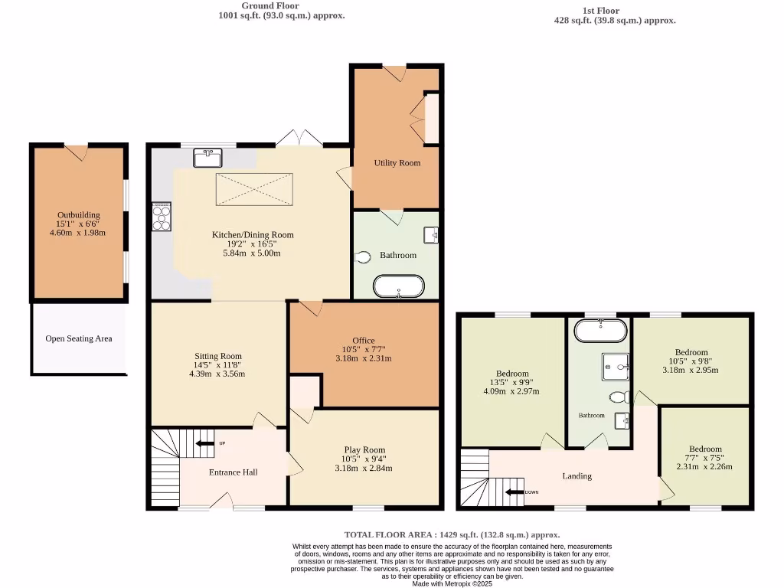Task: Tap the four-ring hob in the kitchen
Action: pos(162,216)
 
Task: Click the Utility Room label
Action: pos(397,163)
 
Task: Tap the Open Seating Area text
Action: pos(79,338)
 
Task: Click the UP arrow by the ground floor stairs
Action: pos(205,443)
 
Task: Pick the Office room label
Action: pos(363,340)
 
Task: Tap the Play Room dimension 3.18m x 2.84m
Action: pos(364,468)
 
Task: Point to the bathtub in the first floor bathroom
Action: pos(600,331)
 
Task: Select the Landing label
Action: pos(577,476)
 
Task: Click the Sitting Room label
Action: pos(218,356)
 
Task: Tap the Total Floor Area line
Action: pos(452,534)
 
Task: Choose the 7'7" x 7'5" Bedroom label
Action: pos(705,449)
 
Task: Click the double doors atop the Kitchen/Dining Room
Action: pos(299,139)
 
